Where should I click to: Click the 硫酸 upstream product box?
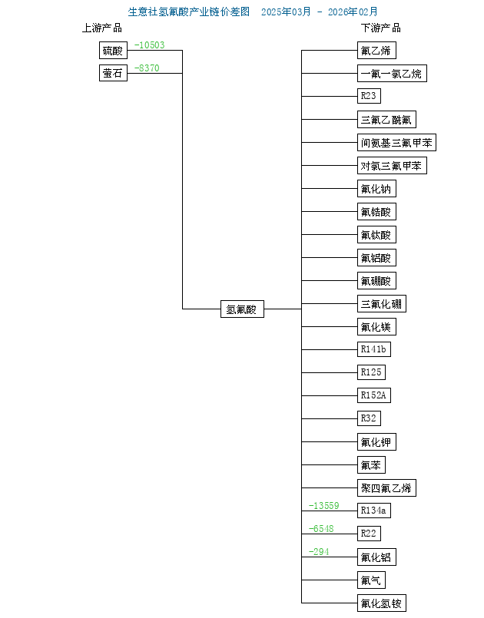pyautogui.click(x=112, y=51)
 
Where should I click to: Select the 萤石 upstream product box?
pyautogui.click(x=112, y=74)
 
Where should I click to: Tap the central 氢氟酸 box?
pyautogui.click(x=242, y=309)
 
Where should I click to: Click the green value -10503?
pyautogui.click(x=149, y=45)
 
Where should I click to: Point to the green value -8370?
pyautogui.click(x=147, y=68)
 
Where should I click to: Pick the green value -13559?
pyautogui.click(x=323, y=505)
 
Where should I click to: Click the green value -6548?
pyautogui.click(x=321, y=529)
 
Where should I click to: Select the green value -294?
pyautogui.click(x=319, y=552)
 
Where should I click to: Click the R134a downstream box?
pyautogui.click(x=374, y=511)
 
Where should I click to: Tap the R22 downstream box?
pyautogui.click(x=369, y=534)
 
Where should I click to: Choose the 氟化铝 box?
pyautogui.click(x=377, y=557)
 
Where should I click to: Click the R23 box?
pyautogui.click(x=369, y=96)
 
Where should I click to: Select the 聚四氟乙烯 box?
pyautogui.click(x=386, y=487)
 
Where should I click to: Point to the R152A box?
pyautogui.click(x=374, y=395)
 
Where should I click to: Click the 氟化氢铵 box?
pyautogui.click(x=381, y=603)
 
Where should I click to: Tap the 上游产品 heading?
pyautogui.click(x=102, y=28)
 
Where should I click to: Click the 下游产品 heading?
pyautogui.click(x=381, y=28)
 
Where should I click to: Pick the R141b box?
pyautogui.click(x=374, y=349)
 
